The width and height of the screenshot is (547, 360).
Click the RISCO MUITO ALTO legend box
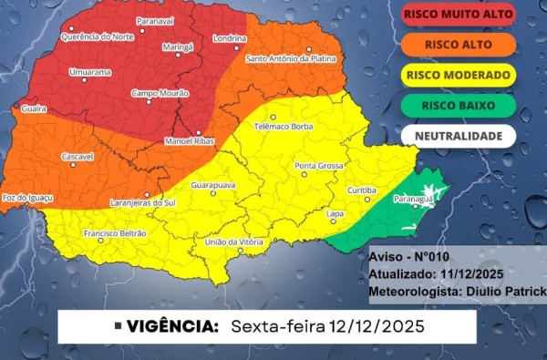457,15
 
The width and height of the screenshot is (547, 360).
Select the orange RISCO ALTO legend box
457,45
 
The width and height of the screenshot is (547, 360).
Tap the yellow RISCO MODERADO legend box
457,75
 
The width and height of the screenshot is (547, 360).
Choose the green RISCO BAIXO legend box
457,105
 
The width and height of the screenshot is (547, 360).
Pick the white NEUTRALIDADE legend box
457,136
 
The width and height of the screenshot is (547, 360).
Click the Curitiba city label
362,190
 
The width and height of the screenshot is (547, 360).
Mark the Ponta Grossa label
319,166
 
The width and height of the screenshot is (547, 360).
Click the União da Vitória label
233,242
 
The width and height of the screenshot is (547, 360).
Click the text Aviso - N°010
407,257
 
